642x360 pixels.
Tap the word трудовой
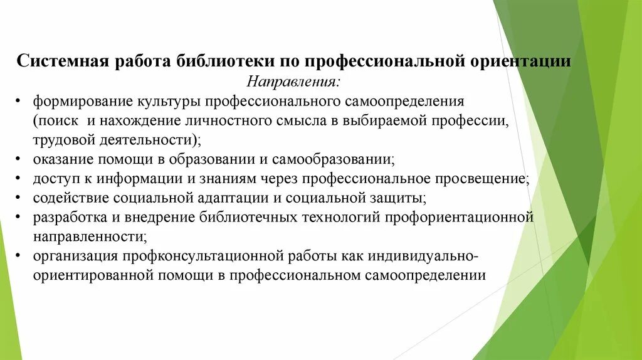coord(61,139)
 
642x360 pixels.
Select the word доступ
coord(54,179)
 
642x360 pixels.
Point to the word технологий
coord(336,218)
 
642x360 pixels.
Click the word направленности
coord(90,237)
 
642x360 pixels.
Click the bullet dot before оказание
coord(21,159)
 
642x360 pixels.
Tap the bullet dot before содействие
coord(21,198)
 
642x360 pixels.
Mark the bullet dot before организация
coord(21,257)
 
